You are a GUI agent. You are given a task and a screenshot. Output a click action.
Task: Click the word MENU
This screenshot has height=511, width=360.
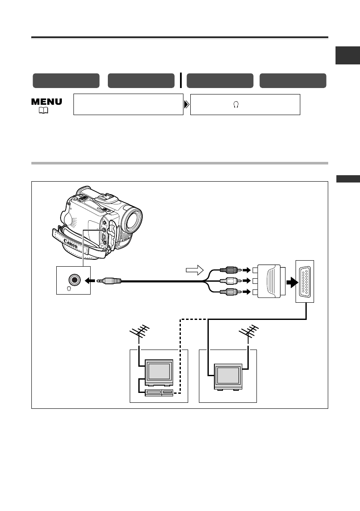coord(47,101)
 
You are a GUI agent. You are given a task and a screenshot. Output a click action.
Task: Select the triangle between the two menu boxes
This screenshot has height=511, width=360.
coord(186,104)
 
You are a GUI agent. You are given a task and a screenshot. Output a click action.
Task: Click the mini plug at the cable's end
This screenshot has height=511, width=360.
coord(110,281)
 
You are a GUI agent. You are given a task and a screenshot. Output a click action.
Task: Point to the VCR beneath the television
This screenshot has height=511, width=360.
coord(159,392)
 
